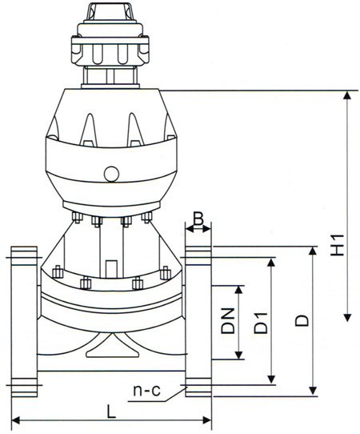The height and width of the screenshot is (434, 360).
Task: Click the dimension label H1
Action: pos(338,245)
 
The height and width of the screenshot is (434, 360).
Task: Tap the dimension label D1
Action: pos(261,323)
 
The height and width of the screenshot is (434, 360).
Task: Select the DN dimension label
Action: pos(228,320)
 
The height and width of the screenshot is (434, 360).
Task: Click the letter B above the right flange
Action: pos(198,219)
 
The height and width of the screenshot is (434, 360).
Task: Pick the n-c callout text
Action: pos(147,391)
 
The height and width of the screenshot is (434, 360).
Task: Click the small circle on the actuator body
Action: pos(111,174)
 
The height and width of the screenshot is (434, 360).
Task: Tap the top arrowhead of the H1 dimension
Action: pos(347,95)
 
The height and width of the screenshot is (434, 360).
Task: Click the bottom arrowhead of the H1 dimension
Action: pos(347,317)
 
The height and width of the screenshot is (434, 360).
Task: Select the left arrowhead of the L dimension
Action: pos(16,420)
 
